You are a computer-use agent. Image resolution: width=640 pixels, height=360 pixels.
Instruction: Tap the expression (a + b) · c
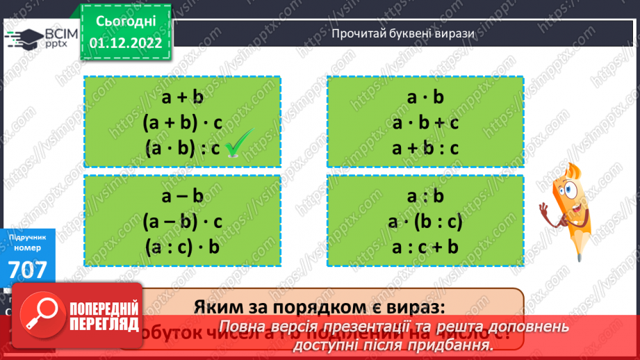(182, 122)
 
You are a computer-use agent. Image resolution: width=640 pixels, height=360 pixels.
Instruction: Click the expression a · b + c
(425, 122)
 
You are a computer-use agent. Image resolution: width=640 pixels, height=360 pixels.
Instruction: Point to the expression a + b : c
(425, 147)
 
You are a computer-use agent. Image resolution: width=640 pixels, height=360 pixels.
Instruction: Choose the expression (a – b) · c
(182, 222)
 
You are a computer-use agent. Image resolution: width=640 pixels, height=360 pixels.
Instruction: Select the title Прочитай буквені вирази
(402, 33)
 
